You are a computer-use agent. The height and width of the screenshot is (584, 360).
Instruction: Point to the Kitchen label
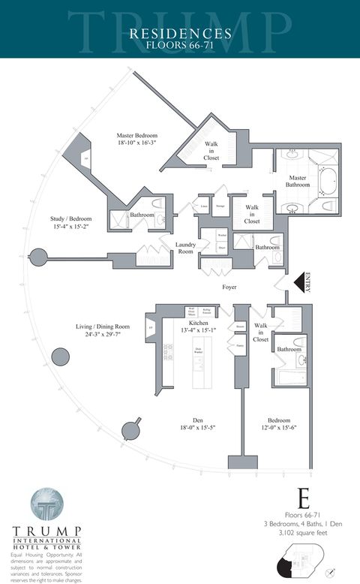(198, 323)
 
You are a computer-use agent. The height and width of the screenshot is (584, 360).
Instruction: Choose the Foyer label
(229, 287)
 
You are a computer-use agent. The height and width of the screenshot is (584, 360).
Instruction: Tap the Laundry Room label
(185, 248)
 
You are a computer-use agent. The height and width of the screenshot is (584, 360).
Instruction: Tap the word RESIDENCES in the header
(180, 33)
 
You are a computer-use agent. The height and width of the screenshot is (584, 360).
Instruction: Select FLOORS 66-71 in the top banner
(180, 46)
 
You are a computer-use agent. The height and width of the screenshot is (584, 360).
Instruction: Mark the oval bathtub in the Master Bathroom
(328, 182)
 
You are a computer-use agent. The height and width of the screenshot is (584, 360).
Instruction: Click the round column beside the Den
(133, 429)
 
